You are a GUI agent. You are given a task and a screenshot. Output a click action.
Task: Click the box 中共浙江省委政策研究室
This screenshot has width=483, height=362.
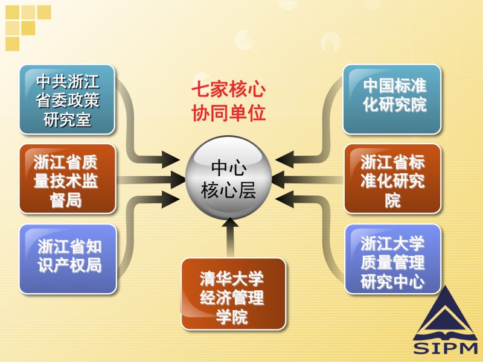point(67,100)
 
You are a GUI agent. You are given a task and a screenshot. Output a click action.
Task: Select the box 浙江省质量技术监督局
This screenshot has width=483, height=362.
point(68,179)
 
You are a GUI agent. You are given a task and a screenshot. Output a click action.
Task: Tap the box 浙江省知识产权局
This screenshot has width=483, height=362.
point(68,259)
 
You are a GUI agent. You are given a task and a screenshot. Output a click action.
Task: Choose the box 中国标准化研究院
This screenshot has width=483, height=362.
point(392,99)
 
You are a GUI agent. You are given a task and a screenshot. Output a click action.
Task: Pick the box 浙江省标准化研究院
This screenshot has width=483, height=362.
point(392,179)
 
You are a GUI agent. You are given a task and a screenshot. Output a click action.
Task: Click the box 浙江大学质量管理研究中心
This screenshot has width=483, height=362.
point(393,259)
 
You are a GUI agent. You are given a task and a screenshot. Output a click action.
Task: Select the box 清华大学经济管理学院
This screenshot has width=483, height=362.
point(233,294)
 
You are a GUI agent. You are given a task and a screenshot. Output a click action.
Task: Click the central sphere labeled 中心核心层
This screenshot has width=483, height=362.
point(229,178)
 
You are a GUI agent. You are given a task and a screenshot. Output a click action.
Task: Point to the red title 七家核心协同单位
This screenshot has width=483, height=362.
point(229,101)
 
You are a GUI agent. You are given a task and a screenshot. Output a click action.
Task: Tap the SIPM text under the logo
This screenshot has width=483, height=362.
point(445,348)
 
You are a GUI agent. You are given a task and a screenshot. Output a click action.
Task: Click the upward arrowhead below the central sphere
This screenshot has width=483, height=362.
point(230,222)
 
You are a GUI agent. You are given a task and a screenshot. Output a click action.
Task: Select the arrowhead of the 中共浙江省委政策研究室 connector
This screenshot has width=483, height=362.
point(171,160)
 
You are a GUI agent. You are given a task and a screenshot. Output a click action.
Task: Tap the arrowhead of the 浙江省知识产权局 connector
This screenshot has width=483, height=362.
point(171,200)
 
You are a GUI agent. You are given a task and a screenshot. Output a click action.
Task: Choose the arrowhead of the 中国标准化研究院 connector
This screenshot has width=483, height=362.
point(284,160)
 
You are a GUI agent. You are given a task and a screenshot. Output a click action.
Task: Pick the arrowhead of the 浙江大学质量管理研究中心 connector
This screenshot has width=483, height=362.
point(284,200)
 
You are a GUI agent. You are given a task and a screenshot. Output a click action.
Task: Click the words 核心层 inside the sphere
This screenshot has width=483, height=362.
point(228,190)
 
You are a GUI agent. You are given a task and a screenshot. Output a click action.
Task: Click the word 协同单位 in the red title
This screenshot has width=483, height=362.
point(229,113)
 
